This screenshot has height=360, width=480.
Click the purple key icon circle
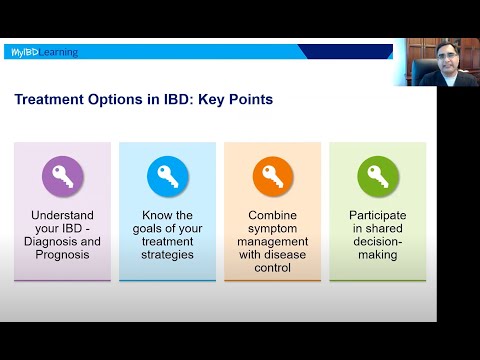(x=62, y=178)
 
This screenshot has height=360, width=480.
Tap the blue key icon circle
(x=167, y=178)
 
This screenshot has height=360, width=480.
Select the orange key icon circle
(x=271, y=178)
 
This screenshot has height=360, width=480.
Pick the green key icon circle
(x=377, y=178)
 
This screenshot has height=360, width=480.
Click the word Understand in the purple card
(x=62, y=215)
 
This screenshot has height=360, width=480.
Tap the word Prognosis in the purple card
(x=62, y=254)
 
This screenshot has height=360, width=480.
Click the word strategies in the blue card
(x=167, y=254)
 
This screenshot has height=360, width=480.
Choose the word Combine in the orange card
(x=272, y=215)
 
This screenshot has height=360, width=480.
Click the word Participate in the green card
(x=377, y=215)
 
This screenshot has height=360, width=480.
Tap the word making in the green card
(x=377, y=254)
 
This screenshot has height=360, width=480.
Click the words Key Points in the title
(x=237, y=100)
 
